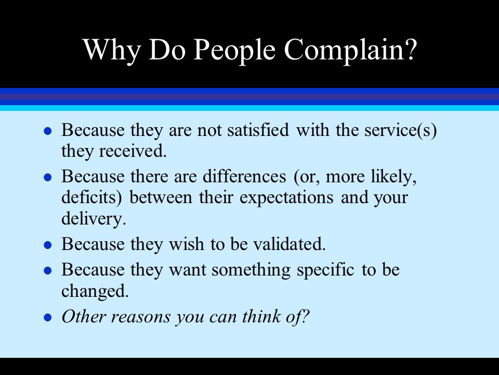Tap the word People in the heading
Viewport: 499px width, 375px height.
click(x=234, y=51)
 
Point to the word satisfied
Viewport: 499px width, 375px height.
click(x=258, y=130)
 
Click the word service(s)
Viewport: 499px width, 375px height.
click(x=400, y=130)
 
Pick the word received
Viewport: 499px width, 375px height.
click(x=133, y=151)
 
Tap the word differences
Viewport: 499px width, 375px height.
click(x=244, y=176)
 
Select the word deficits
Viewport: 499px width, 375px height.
click(x=91, y=197)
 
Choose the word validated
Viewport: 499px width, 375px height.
click(x=290, y=244)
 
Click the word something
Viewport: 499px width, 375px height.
click(x=251, y=270)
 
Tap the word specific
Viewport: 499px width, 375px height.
click(x=325, y=270)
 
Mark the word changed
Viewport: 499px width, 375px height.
click(x=95, y=291)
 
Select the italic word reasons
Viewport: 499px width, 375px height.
click(x=140, y=317)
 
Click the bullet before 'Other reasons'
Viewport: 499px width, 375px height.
click(x=48, y=318)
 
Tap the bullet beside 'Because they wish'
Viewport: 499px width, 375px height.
click(x=48, y=245)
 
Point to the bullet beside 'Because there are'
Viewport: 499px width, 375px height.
click(x=48, y=177)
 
